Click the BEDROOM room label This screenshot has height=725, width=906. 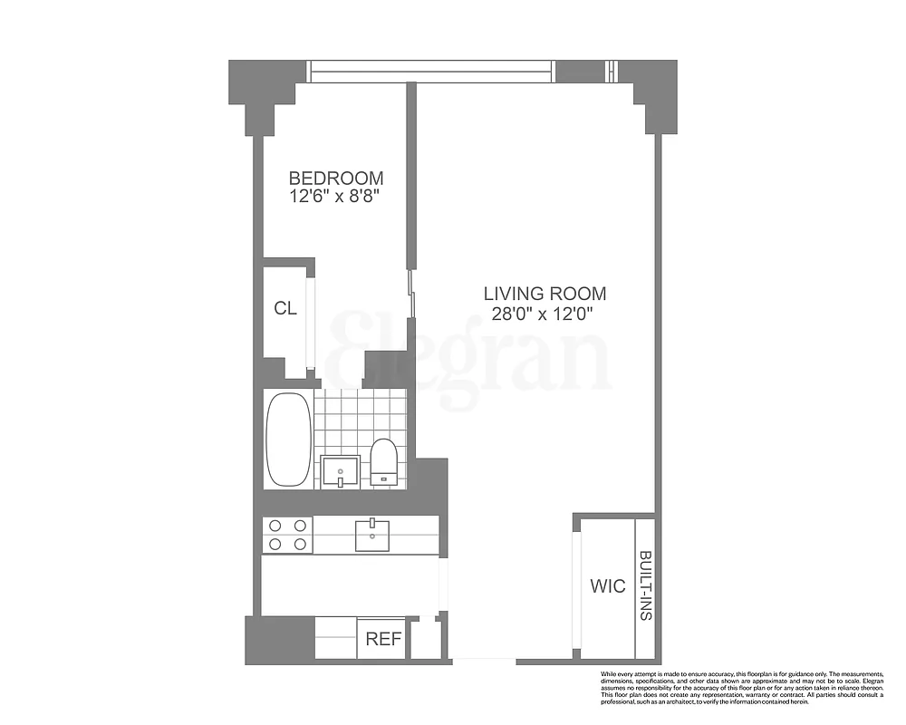coord(335,179)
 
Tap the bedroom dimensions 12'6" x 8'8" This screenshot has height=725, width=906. coord(335,198)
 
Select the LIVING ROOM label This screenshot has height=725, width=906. coord(545,294)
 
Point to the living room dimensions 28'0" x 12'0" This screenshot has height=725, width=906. coord(545,314)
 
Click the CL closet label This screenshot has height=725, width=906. coord(285,308)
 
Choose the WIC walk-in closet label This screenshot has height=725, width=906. coord(607,586)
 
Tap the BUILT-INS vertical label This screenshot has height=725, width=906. coord(645,585)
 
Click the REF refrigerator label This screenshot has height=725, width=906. coord(382,639)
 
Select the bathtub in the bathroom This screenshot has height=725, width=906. coord(288,440)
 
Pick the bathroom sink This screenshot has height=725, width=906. coord(342,471)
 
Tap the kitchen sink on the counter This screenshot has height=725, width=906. coord(371,535)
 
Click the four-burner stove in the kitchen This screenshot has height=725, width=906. coord(287,535)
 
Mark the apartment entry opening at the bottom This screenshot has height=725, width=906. coord(481,658)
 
